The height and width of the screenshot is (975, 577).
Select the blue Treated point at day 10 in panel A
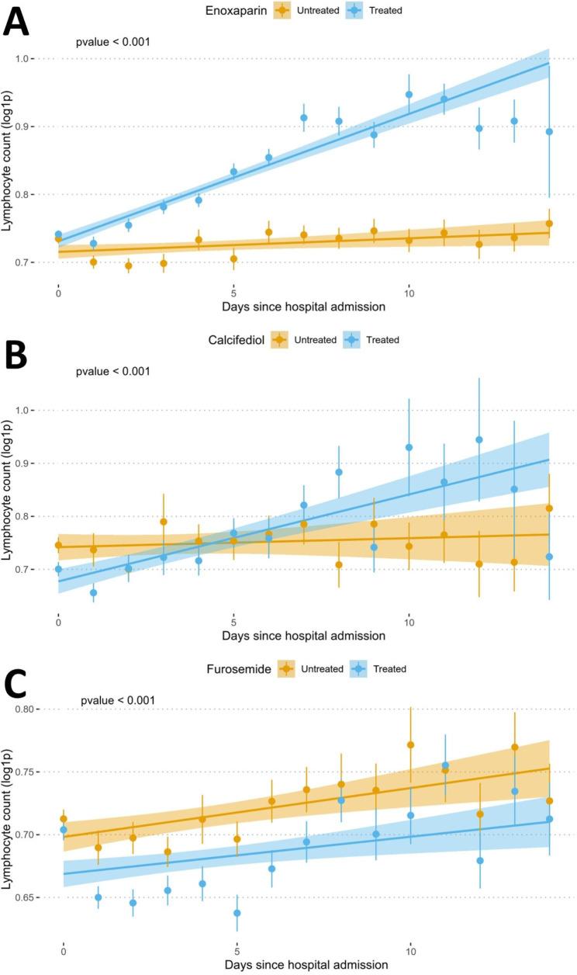pyautogui.click(x=409, y=95)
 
